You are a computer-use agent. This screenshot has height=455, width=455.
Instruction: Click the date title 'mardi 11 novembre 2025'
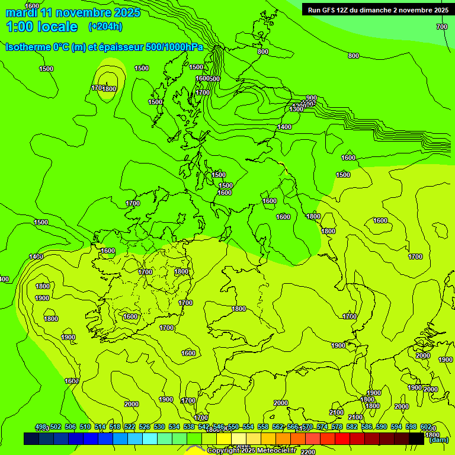coord(73,12)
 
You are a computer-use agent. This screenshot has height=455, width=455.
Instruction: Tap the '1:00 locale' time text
coord(41,27)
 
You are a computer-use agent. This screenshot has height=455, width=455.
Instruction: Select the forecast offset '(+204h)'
coord(105,26)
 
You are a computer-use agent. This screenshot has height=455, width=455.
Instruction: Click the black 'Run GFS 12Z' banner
coord(378,9)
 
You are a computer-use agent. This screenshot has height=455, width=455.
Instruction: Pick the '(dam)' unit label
coord(438,440)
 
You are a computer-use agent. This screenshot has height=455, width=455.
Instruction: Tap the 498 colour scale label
coord(41,427)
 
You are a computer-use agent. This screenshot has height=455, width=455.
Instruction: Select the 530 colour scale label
coord(159,427)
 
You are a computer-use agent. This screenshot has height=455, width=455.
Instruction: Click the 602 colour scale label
coord(426,427)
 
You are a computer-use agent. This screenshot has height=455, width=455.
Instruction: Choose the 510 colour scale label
coord(85,427)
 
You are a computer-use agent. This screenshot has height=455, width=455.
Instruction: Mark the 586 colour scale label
coord(367,427)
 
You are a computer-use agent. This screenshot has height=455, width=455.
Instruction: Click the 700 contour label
coord(441,27)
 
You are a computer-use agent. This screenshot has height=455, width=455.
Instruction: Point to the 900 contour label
coord(312,98)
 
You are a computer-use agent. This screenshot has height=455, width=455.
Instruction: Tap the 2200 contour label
coord(308,452)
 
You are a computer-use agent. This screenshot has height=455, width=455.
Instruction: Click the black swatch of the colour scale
coord(416,439)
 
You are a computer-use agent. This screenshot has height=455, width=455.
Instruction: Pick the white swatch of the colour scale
coord(239,439)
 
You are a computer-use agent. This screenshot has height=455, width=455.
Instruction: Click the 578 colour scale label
coord(337,427)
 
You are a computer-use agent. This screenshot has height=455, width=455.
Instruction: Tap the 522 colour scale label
coord(130,427)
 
